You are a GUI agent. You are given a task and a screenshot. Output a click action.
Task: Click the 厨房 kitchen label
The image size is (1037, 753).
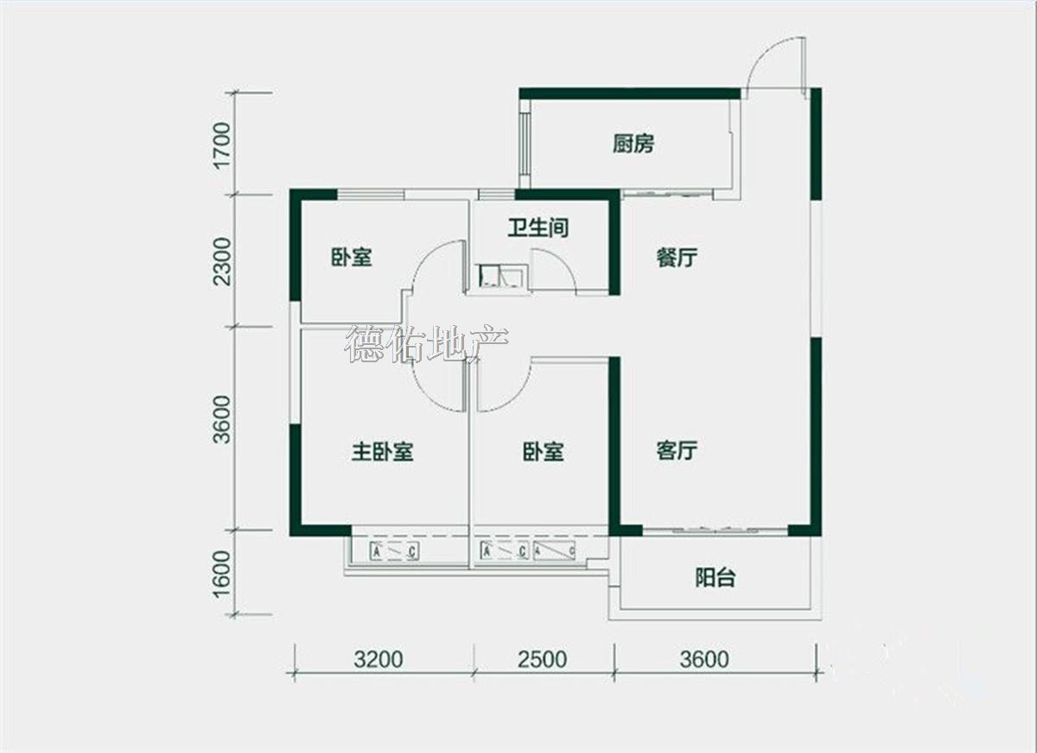point(633,144)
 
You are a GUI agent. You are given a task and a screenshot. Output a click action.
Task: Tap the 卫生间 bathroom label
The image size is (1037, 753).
point(538,228)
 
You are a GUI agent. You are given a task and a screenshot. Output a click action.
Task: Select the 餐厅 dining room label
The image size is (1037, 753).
point(677,258)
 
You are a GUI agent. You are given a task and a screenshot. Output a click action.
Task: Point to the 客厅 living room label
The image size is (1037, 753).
point(677,450)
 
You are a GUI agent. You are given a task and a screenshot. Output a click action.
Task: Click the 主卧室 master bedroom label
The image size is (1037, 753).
point(382,452)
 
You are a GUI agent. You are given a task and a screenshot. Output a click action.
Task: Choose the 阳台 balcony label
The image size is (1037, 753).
point(716,578)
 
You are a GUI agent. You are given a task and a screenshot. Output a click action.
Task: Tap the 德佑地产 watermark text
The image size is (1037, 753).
point(426,344)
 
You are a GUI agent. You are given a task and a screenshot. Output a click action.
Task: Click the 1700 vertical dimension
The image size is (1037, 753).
point(221,146)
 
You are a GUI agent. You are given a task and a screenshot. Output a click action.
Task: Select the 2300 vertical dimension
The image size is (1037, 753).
point(221,261)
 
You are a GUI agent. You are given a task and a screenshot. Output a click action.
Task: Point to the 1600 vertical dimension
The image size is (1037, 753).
point(221,574)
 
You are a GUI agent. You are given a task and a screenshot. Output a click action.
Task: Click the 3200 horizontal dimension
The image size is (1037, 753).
point(379,660)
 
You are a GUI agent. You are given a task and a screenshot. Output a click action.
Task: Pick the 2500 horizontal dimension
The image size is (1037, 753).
point(543,660)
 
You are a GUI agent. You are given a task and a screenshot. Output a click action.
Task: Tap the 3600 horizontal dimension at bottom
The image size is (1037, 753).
point(704,660)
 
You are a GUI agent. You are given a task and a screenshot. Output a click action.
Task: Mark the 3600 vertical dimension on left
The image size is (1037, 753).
point(221,419)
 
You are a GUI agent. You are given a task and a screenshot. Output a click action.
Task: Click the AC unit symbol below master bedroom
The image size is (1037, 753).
point(394,552)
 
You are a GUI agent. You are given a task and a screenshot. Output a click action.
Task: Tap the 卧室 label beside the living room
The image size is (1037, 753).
point(544,452)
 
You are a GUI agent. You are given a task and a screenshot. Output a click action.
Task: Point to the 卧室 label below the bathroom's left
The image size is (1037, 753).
point(352,258)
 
